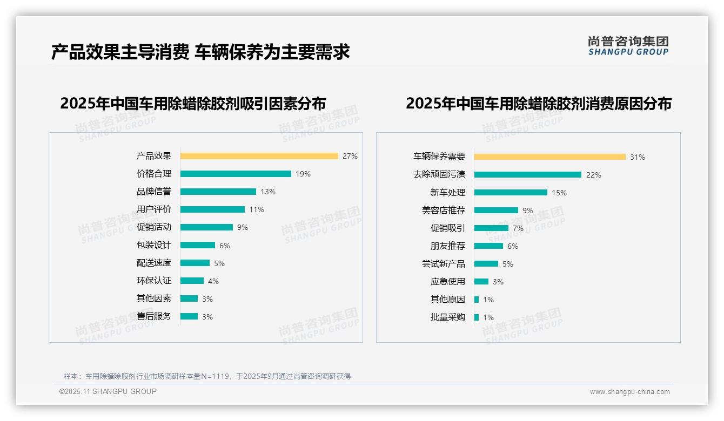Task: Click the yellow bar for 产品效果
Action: coord(259,156)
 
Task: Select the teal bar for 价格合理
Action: coord(236,174)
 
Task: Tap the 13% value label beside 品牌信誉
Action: coord(267,192)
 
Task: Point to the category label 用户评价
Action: coord(153,209)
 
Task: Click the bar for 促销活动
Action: coord(206,227)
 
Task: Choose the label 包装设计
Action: coord(153,245)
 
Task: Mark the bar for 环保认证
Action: coord(192,281)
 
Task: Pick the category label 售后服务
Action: coord(153,316)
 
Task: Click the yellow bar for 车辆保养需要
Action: coord(549,157)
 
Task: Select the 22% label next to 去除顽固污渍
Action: coord(593,175)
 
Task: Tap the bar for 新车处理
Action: coord(511,192)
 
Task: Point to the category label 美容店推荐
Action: coord(443,210)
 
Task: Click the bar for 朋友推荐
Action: coord(488,246)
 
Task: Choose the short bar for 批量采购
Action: coord(477,317)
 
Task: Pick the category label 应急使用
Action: coord(447,282)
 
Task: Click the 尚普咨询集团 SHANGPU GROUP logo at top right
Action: coord(628,46)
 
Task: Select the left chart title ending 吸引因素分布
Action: coord(193,104)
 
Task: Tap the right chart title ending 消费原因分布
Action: coord(538,104)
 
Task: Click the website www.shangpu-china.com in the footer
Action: coord(629,392)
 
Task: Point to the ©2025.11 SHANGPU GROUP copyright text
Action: coord(108,391)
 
